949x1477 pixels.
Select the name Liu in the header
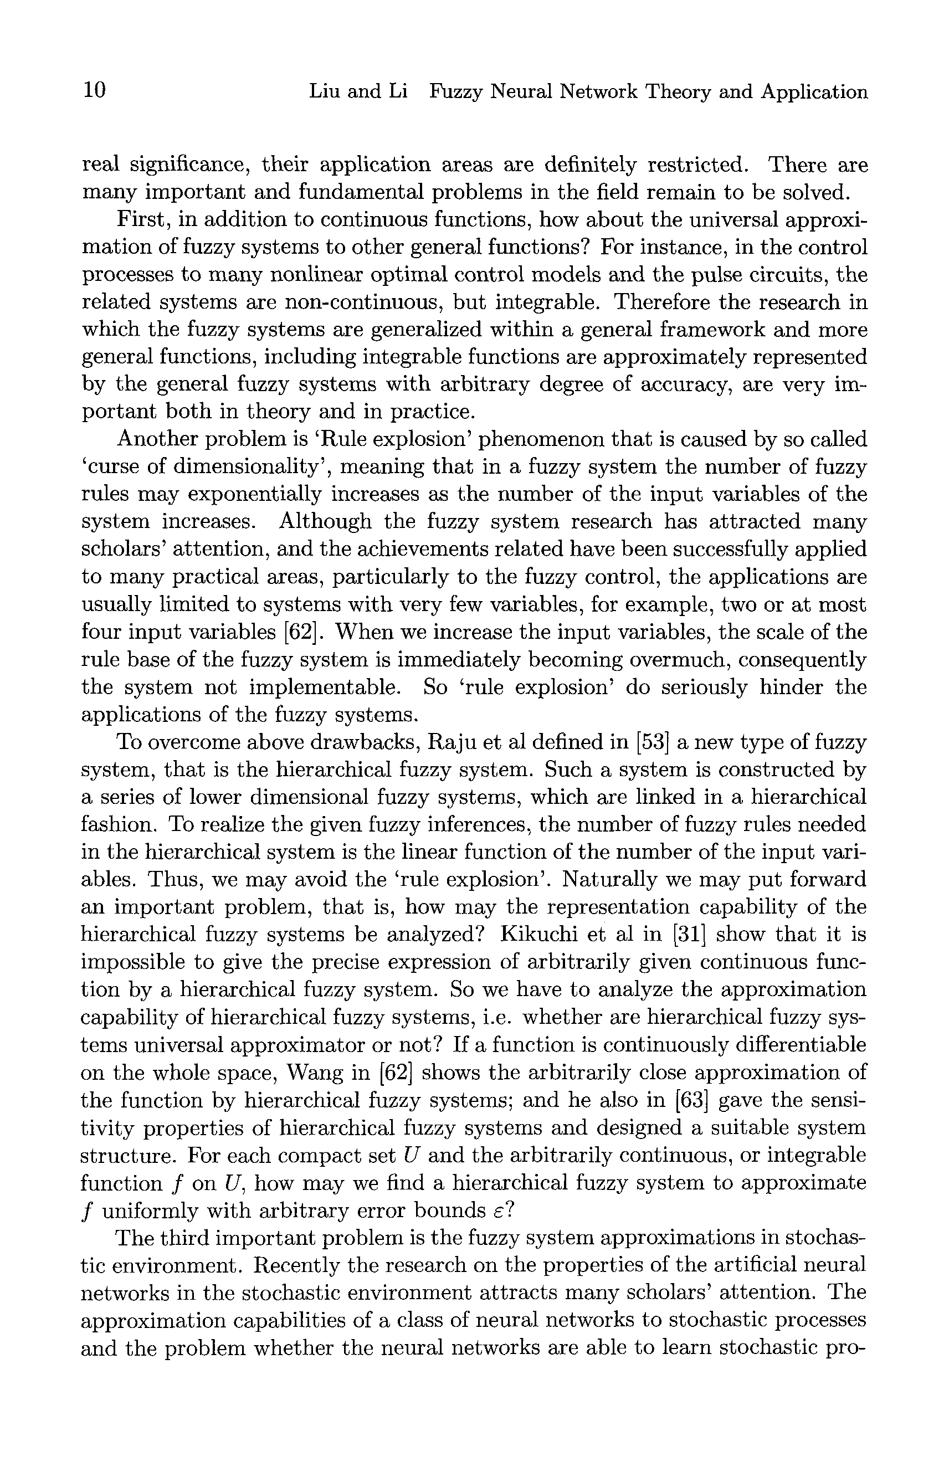pos(324,92)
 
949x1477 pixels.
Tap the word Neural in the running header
pos(525,92)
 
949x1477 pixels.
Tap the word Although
pos(325,522)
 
